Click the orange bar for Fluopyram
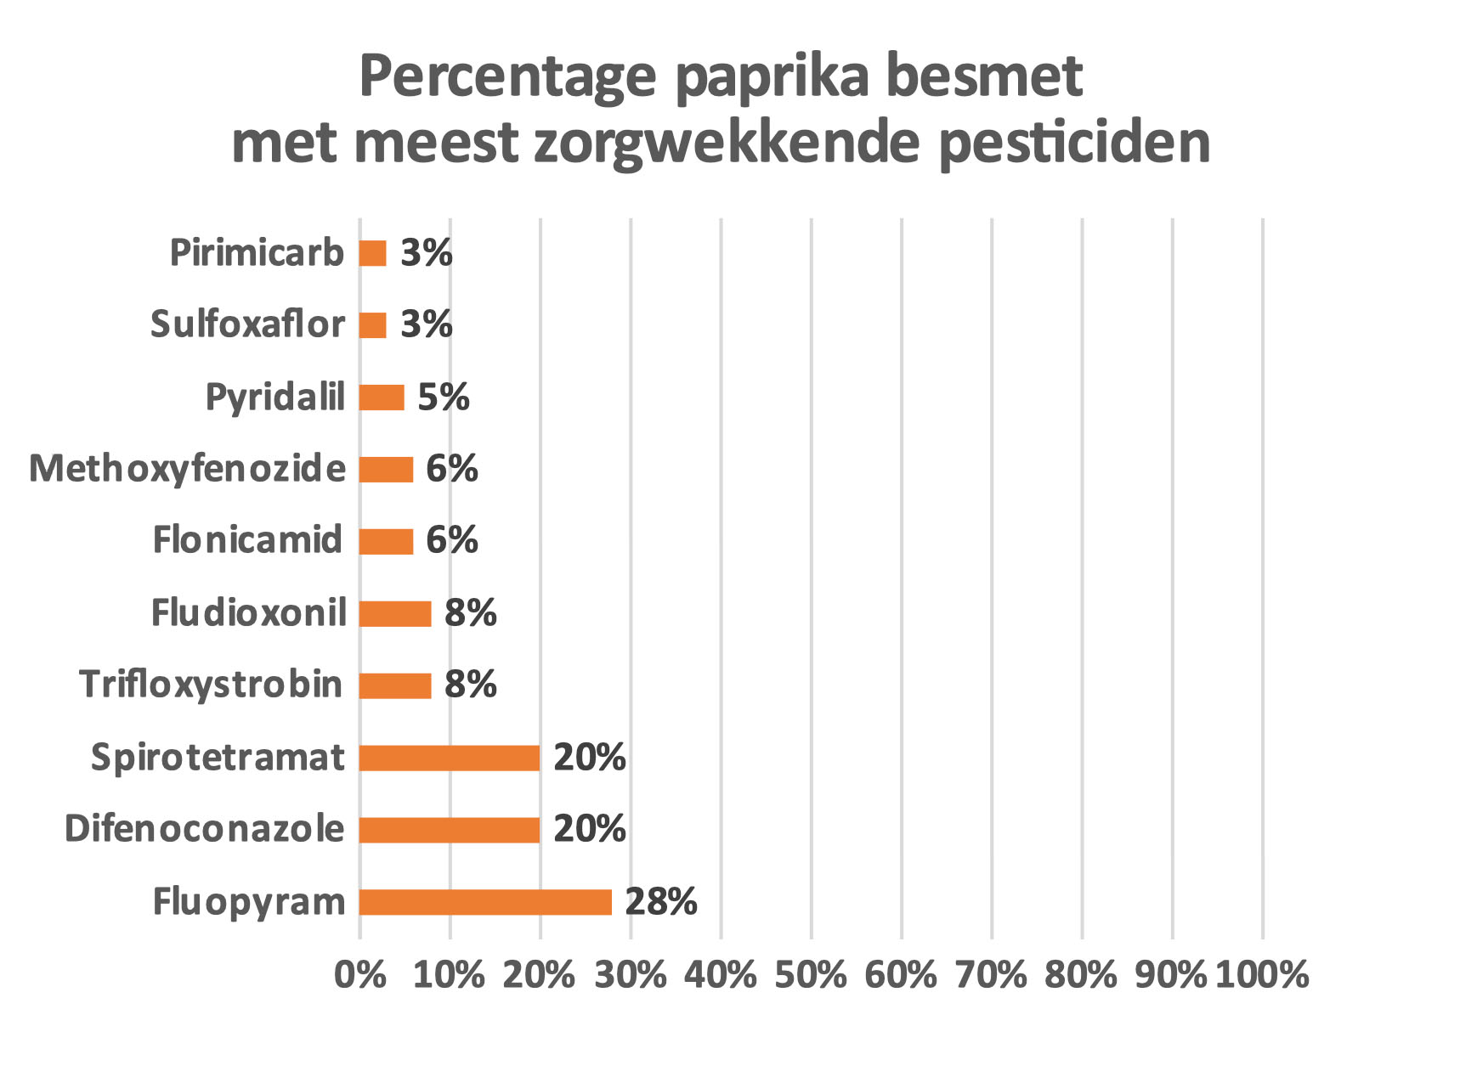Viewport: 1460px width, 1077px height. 485,902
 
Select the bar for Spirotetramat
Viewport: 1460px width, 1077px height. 450,758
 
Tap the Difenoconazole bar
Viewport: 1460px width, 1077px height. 450,830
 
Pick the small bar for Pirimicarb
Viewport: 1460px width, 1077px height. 373,253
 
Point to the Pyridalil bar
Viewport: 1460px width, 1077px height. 382,398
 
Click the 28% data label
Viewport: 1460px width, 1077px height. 661,902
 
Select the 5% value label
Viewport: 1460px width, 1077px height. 444,398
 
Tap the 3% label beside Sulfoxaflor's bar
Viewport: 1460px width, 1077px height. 427,325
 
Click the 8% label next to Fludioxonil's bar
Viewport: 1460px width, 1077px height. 471,613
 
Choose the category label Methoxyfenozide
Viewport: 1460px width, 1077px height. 188,469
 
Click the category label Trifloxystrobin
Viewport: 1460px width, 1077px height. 211,685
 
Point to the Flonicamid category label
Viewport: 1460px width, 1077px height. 247,541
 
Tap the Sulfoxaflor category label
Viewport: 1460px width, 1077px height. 247,325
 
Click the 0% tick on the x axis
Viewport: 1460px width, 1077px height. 360,975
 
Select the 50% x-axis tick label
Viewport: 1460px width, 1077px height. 811,975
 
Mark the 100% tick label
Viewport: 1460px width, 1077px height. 1262,975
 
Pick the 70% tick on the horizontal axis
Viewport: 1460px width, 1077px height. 991,975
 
